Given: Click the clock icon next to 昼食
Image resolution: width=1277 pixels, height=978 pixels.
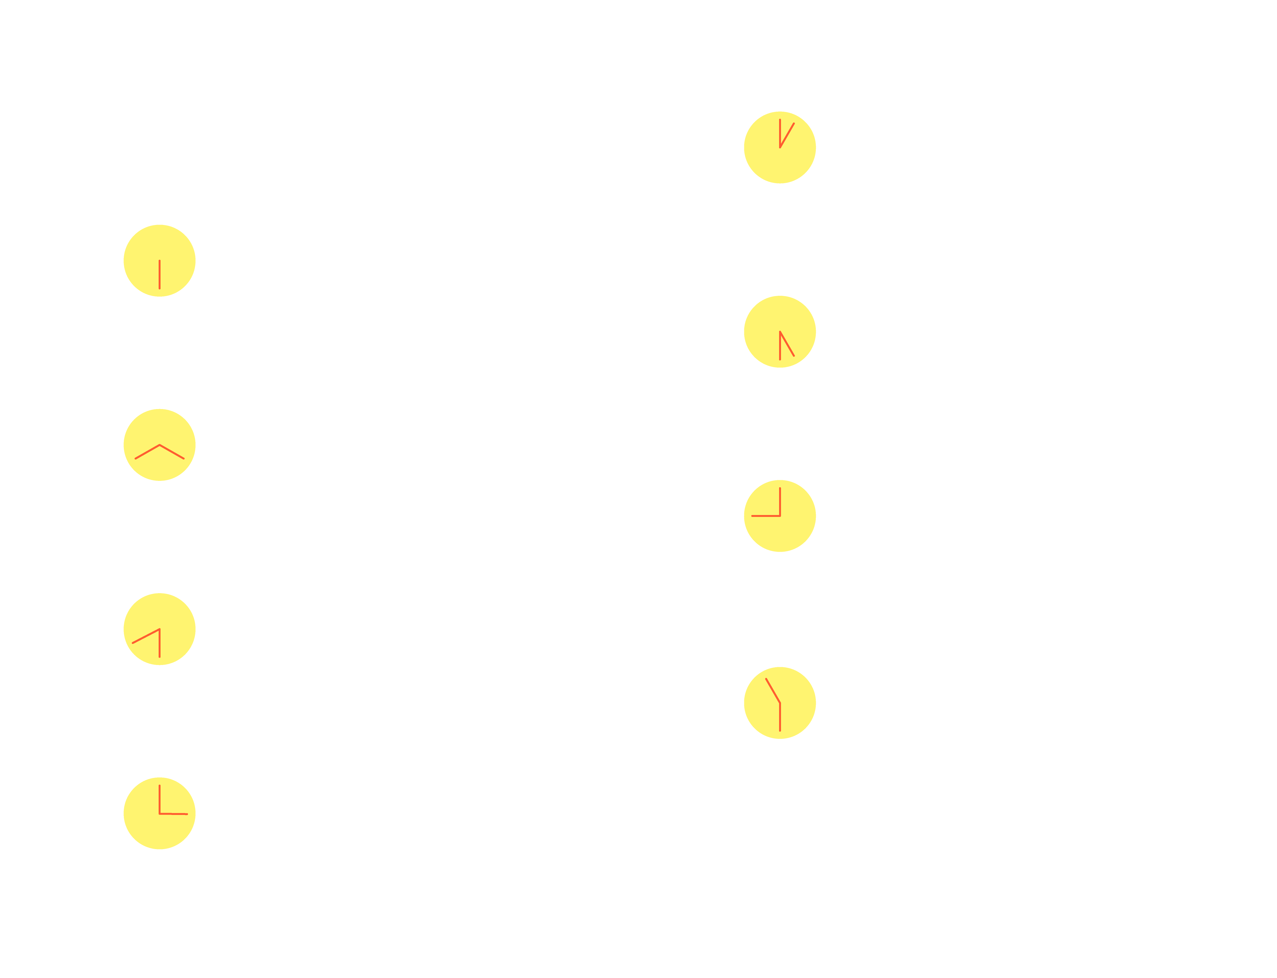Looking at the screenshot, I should pos(160,813).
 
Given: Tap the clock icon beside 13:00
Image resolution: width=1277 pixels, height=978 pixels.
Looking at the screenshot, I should pos(780,147).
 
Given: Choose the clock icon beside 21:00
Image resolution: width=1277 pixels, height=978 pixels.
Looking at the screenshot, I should pos(780,516).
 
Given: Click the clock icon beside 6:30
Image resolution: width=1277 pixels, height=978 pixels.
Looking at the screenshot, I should pos(160,261).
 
